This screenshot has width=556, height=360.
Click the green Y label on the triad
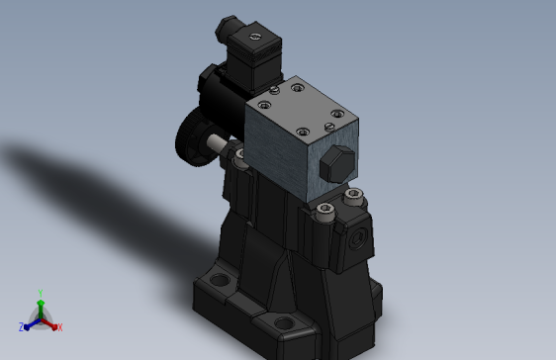click(x=40, y=292)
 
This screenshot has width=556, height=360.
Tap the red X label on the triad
click(x=59, y=326)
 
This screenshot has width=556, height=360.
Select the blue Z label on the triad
click(x=21, y=326)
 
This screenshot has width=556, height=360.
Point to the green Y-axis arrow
click(x=40, y=306)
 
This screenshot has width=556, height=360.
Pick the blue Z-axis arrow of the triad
click(x=30, y=322)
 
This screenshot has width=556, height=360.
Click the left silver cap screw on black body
click(x=327, y=207)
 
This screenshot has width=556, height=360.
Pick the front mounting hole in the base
click(x=284, y=323)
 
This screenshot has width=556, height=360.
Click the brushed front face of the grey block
click(x=282, y=153)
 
